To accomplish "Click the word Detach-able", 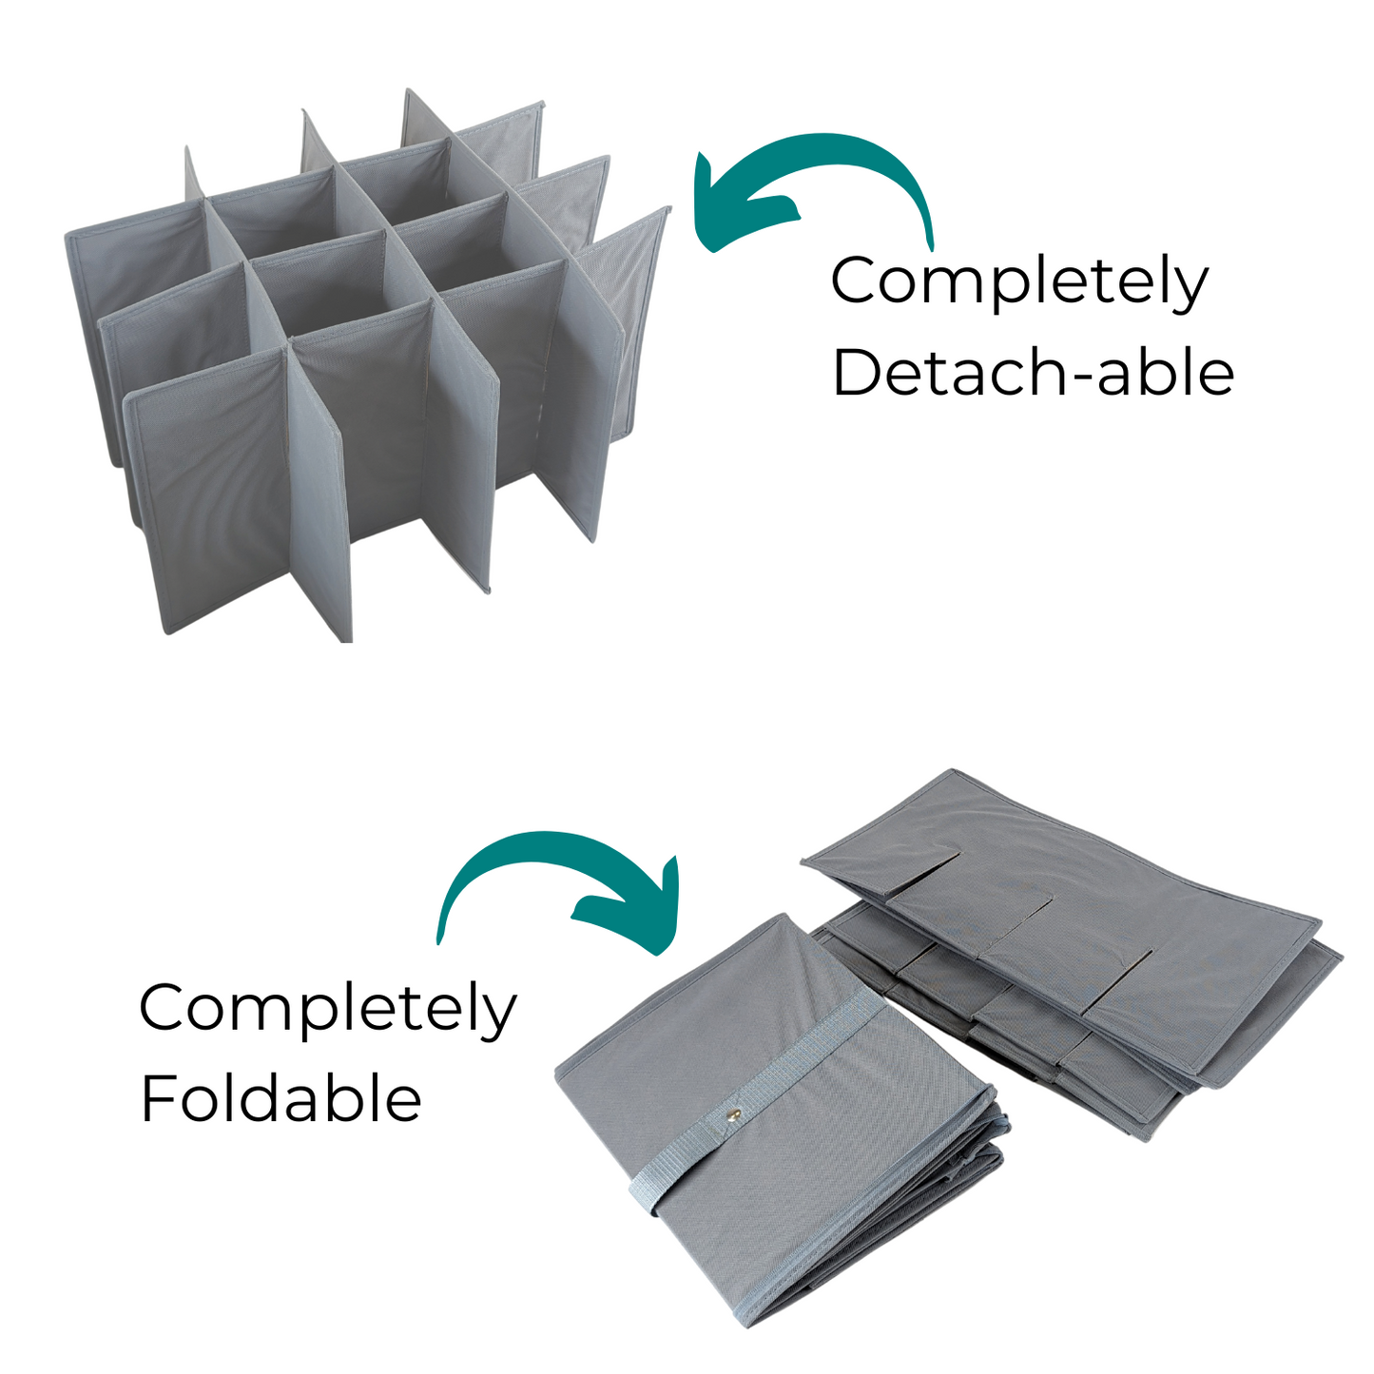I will pyautogui.click(x=1033, y=372).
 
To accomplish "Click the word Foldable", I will pyautogui.click(x=281, y=1099).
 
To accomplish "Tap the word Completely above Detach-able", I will pyautogui.click(x=1019, y=282).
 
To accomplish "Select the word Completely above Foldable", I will pyautogui.click(x=327, y=1010).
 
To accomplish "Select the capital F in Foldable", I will pyautogui.click(x=158, y=1098).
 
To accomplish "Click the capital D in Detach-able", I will pyautogui.click(x=857, y=372).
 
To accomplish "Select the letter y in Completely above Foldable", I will pyautogui.click(x=496, y=1016).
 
